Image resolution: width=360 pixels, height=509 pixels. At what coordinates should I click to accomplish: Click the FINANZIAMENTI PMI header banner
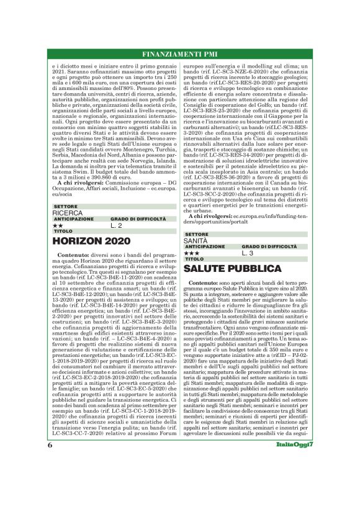point(180,52)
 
